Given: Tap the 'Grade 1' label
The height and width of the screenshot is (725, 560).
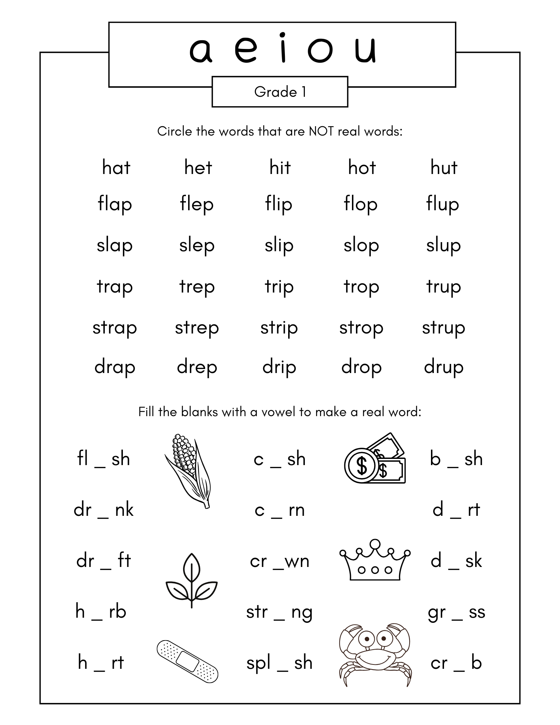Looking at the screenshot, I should [x=280, y=92].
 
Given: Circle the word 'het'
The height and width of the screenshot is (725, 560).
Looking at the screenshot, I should [x=198, y=168].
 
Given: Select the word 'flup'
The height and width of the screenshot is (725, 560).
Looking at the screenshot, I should [x=443, y=204].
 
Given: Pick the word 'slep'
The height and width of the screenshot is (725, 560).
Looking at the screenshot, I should [x=197, y=246].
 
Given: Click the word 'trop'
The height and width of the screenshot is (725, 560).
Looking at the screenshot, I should [x=361, y=287].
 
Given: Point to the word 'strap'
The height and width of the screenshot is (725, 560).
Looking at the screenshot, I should [x=115, y=328].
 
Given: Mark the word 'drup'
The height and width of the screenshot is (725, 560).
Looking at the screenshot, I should [x=444, y=368].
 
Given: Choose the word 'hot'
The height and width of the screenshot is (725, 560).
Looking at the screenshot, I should [x=362, y=168].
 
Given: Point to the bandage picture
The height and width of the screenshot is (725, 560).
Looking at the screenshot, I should [x=187, y=661].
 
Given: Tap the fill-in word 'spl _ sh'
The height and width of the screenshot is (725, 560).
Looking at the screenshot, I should [x=279, y=663].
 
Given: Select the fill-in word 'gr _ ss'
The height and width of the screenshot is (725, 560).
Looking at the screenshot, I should [x=456, y=612].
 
